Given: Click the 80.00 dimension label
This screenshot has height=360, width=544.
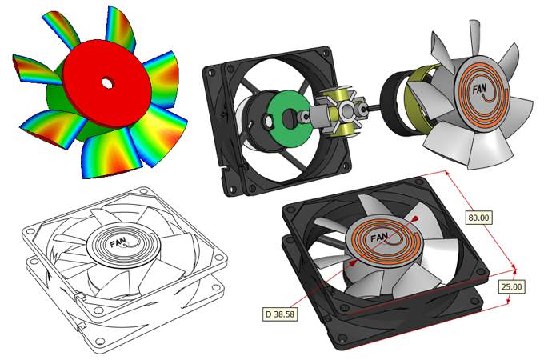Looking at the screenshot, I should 478,217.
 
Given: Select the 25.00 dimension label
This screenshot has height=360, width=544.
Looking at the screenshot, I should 511,286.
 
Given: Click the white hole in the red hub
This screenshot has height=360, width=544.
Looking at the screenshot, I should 107,82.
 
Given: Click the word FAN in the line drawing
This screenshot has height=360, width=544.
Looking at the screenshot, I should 118,239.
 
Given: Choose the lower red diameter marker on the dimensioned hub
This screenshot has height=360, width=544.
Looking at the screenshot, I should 352,262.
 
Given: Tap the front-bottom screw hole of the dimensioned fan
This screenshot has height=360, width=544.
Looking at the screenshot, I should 347,340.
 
